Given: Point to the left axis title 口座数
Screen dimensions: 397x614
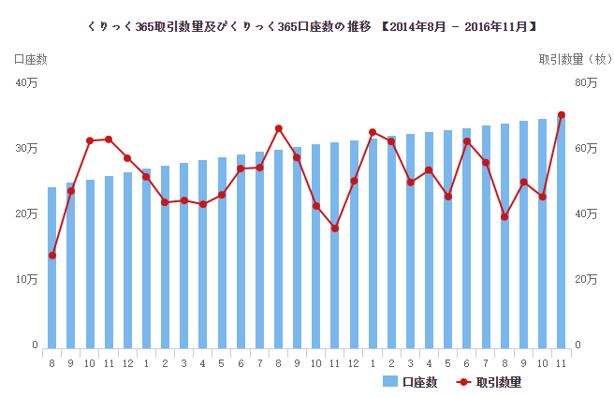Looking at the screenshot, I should (30, 59).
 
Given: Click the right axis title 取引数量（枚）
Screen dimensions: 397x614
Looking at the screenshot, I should (573, 59).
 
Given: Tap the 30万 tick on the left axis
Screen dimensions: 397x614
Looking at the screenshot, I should (27, 149).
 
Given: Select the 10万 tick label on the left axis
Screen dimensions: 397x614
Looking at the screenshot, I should (27, 280).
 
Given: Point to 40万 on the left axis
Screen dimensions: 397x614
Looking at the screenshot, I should (27, 83).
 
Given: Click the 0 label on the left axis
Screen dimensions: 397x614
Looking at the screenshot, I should (35, 346).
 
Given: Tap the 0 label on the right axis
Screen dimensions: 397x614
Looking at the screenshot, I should (578, 346).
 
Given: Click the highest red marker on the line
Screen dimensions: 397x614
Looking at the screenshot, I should (562, 115).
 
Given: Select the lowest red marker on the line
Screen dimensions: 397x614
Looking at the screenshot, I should (52, 256).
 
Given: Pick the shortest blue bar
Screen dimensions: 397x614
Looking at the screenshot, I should (52, 267).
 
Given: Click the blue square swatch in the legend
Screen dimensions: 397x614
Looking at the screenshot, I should (390, 382).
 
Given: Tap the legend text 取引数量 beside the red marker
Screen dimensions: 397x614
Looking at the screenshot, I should (498, 382).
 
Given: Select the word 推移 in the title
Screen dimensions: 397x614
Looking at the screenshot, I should (358, 25).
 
